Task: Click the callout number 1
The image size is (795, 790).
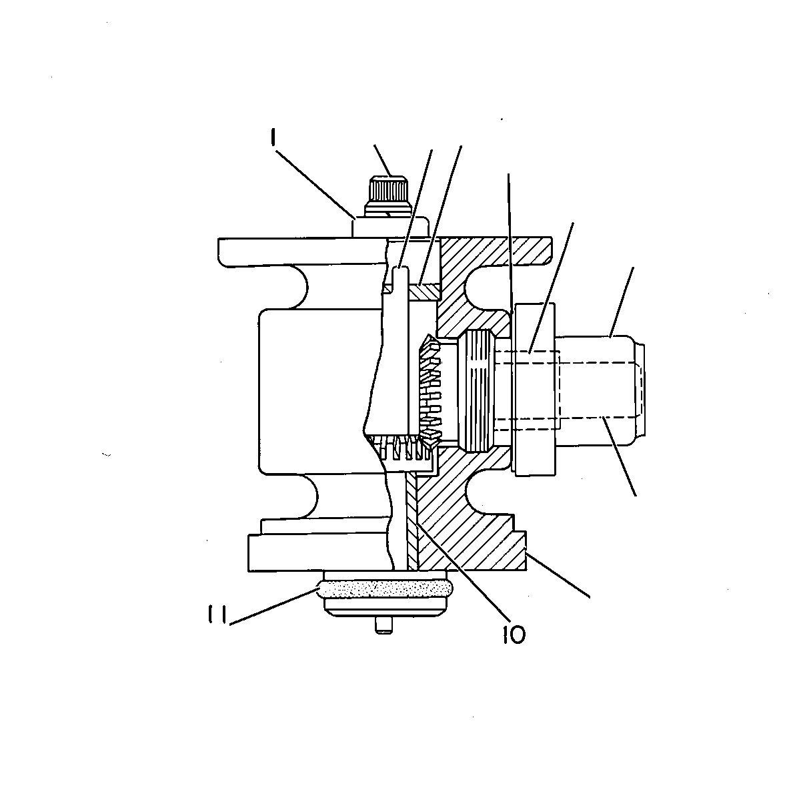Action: pyautogui.click(x=274, y=137)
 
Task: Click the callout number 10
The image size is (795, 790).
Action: pyautogui.click(x=514, y=634)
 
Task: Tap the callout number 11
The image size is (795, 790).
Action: pyautogui.click(x=217, y=615)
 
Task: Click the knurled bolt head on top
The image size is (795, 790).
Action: pyautogui.click(x=389, y=189)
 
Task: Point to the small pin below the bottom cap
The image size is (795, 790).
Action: pyautogui.click(x=384, y=625)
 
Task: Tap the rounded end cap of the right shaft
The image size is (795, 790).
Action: pyautogui.click(x=639, y=391)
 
